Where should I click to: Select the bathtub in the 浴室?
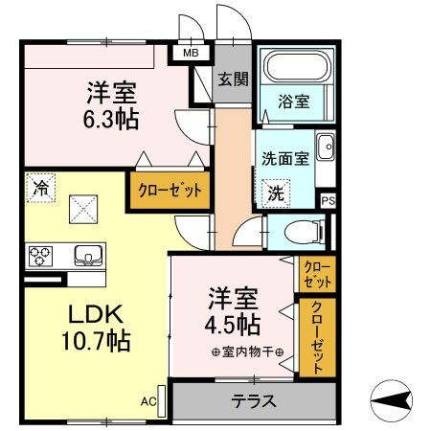pyautogui.click(x=296, y=70)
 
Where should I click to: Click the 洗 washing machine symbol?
pyautogui.click(x=274, y=192)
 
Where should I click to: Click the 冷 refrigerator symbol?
pyautogui.click(x=40, y=188)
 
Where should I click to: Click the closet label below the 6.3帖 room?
pyautogui.click(x=170, y=190)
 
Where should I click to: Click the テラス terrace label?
pyautogui.click(x=254, y=400)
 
